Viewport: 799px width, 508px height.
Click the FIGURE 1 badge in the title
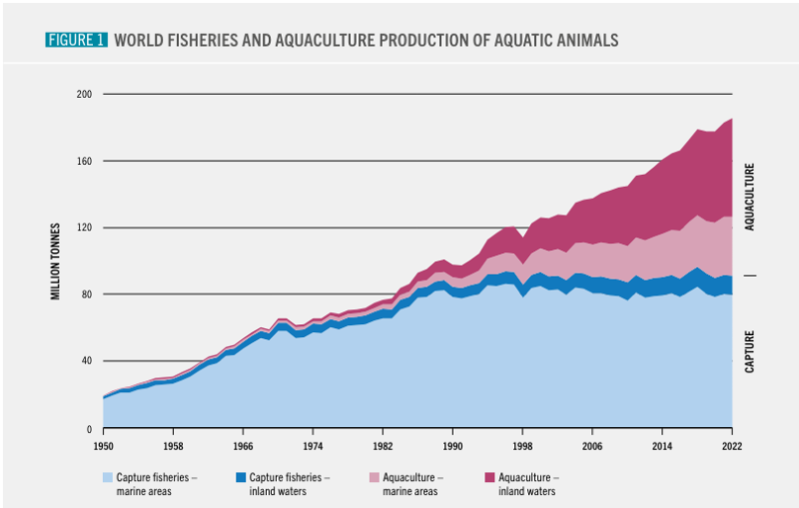tap(76, 40)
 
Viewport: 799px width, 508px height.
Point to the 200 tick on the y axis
tap(84, 95)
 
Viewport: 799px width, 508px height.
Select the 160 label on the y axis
tap(84, 162)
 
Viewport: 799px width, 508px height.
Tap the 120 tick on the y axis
tap(84, 228)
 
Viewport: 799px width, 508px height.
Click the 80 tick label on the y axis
tap(87, 294)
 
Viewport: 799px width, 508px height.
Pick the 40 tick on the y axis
tap(87, 361)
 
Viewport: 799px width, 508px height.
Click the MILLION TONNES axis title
tap(57, 261)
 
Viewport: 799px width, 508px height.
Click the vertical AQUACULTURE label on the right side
tap(750, 198)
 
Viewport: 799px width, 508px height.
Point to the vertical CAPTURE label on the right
tap(750, 351)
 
